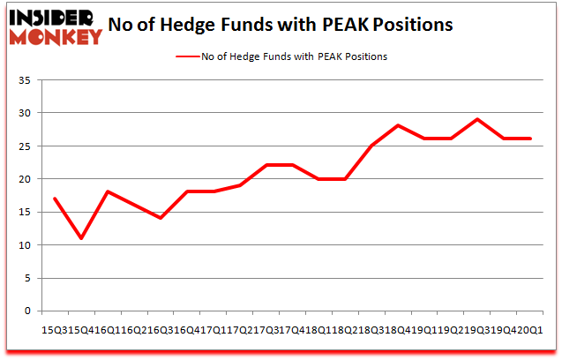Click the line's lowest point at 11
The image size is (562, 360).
(x=81, y=238)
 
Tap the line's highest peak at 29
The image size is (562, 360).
(x=477, y=119)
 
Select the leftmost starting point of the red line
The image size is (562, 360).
(x=55, y=199)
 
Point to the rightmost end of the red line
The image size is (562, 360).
(x=530, y=139)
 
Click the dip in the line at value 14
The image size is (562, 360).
(x=160, y=218)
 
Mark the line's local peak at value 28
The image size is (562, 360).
(x=398, y=125)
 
